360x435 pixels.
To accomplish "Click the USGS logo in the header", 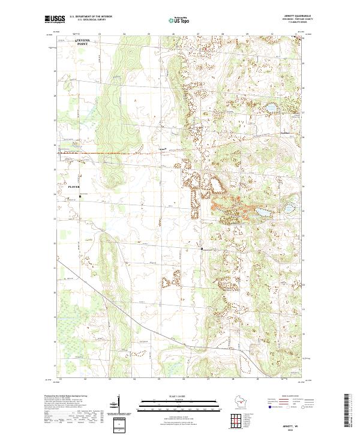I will [56, 19].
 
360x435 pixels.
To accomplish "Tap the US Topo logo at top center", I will [180, 20].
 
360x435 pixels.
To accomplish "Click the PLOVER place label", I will [74, 187].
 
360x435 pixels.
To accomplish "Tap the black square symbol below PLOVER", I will [80, 193].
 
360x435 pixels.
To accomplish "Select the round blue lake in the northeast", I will [271, 108].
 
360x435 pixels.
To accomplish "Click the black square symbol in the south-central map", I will [202, 248].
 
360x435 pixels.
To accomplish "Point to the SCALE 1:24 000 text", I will [180, 397].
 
